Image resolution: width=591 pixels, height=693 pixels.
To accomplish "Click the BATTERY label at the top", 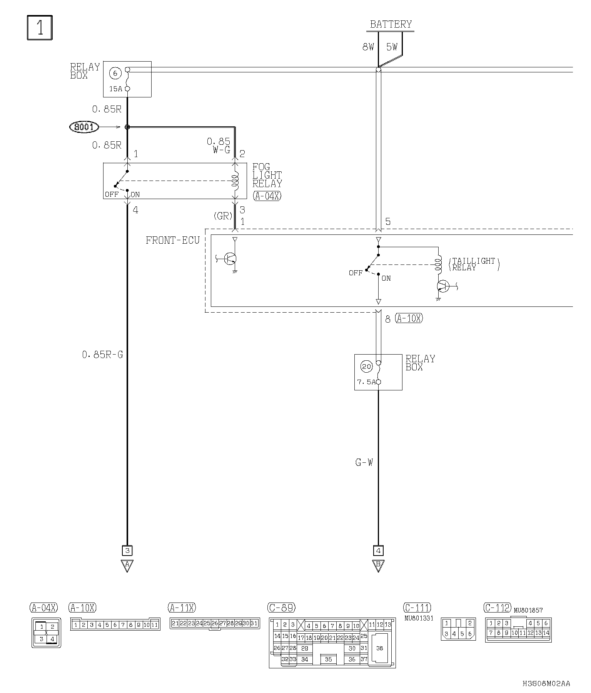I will (x=391, y=24).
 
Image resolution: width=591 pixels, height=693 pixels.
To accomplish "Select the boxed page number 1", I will (x=40, y=27).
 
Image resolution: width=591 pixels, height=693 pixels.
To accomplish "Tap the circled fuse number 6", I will (x=115, y=73).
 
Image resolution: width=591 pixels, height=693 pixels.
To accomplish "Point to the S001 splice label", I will (x=84, y=127).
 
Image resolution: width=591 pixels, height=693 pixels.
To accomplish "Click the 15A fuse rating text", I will (x=115, y=89).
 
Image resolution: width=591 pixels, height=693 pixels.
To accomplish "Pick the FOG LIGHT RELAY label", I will (x=267, y=175).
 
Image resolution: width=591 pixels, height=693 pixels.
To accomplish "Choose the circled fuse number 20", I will (x=366, y=366).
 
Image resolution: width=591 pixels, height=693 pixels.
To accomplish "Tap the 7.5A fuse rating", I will (x=366, y=382).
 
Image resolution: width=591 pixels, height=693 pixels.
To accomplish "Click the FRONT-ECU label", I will (x=173, y=241).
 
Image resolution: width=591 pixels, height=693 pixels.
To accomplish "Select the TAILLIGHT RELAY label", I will (x=474, y=264).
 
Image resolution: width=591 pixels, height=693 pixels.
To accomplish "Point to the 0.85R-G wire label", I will (x=102, y=355).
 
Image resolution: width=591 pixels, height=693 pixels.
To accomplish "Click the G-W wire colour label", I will (x=364, y=462).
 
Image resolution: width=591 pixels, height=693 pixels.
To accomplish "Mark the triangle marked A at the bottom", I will (x=127, y=565).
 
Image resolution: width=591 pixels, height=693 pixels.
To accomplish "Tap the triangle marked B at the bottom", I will (x=378, y=565).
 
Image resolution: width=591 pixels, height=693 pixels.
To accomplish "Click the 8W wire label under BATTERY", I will (x=368, y=47).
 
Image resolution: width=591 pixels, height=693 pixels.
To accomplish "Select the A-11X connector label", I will (x=182, y=608).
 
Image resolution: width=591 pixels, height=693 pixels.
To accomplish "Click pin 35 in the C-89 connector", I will (x=328, y=659).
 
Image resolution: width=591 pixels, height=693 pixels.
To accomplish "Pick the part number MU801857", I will (x=528, y=610).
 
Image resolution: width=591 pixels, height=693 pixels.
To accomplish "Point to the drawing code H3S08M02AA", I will (x=546, y=683).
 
